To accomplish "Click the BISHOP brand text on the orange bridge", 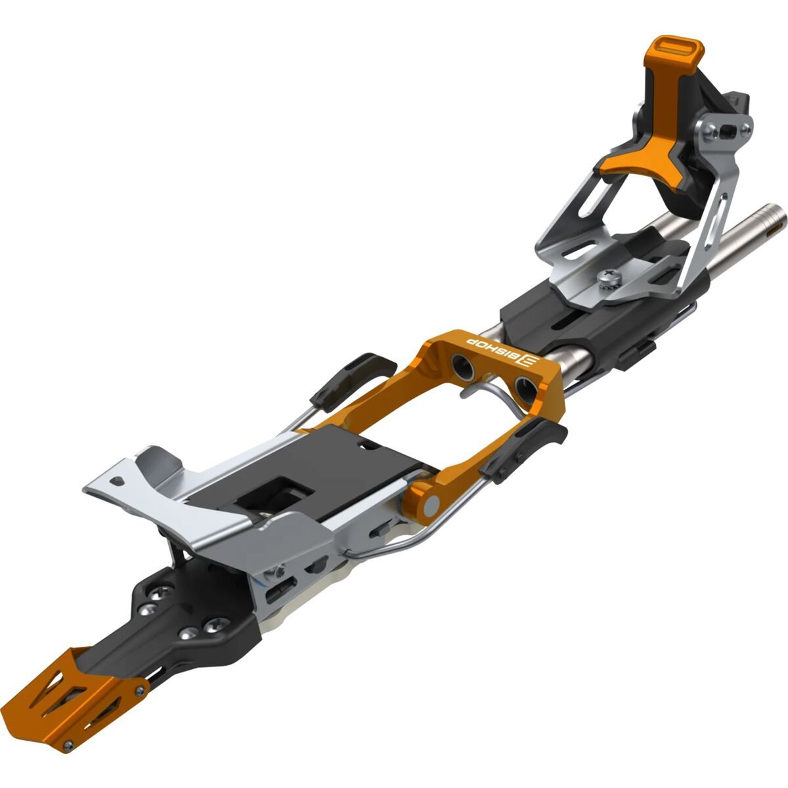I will click(x=489, y=349).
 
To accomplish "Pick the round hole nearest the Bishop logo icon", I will click(x=523, y=385).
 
